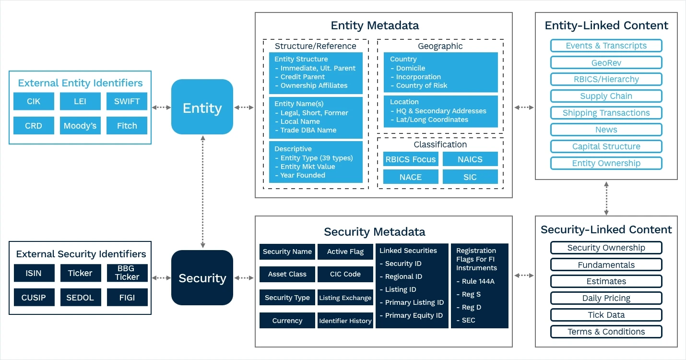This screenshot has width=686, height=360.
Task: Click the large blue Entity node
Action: point(202,107)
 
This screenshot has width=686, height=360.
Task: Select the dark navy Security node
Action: point(202,277)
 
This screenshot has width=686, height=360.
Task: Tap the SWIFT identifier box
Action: point(127,101)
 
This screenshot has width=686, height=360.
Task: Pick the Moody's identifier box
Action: point(80,125)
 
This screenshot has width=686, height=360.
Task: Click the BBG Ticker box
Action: point(127,273)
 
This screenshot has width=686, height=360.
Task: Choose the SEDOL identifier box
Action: point(81,297)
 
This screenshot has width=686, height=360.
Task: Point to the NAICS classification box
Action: point(470,159)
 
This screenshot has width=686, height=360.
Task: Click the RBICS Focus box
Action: point(411,159)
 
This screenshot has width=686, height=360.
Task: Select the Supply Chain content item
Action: point(606,96)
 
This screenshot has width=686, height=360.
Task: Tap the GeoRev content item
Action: point(606,62)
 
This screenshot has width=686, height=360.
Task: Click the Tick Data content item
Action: point(606,315)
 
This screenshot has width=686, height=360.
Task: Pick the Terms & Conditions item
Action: point(606,332)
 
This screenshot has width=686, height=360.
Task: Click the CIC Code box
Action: point(345,274)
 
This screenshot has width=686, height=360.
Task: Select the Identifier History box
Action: point(345,321)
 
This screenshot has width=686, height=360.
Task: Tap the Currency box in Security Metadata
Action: point(287,321)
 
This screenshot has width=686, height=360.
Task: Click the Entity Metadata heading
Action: point(375,25)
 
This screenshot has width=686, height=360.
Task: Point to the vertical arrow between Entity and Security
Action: point(203,192)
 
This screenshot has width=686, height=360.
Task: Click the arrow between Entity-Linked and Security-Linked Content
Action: point(606,198)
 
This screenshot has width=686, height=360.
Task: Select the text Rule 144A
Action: point(478,281)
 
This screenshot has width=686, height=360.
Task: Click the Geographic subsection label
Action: point(440,46)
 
